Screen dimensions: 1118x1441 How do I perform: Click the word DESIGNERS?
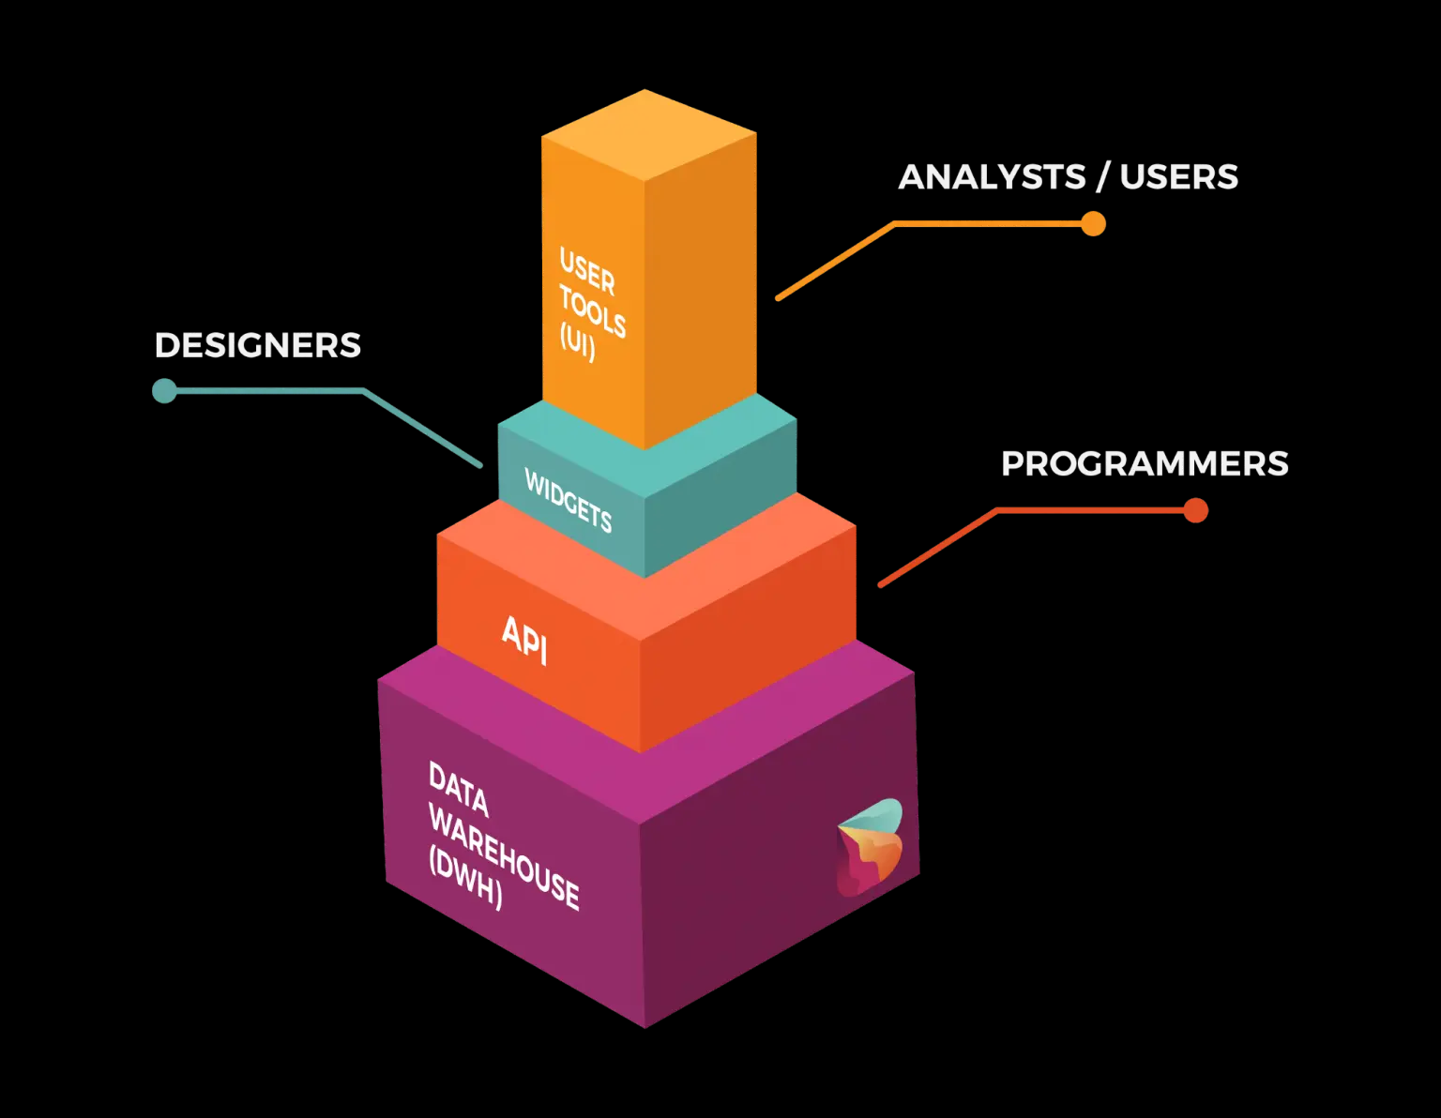point(258,345)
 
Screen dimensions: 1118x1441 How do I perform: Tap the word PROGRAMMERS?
point(1145,463)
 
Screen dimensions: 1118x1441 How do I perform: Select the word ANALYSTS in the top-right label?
point(992,176)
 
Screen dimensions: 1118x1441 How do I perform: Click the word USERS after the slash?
point(1178,176)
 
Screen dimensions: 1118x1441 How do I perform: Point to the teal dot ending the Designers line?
point(164,390)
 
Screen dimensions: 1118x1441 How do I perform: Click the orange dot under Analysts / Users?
point(1093,223)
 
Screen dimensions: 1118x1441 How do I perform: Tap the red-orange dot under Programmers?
point(1195,510)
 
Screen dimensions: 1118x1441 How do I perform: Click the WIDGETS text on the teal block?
point(569,500)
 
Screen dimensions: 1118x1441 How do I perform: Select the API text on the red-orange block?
point(524,640)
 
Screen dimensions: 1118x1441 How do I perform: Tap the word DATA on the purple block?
point(459,789)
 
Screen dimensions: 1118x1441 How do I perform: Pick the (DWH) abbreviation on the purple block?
point(466,877)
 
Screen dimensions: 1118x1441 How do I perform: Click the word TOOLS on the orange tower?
point(592,311)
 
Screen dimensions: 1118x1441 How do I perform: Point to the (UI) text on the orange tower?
point(578,341)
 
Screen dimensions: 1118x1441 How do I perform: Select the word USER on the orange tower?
point(587,271)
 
